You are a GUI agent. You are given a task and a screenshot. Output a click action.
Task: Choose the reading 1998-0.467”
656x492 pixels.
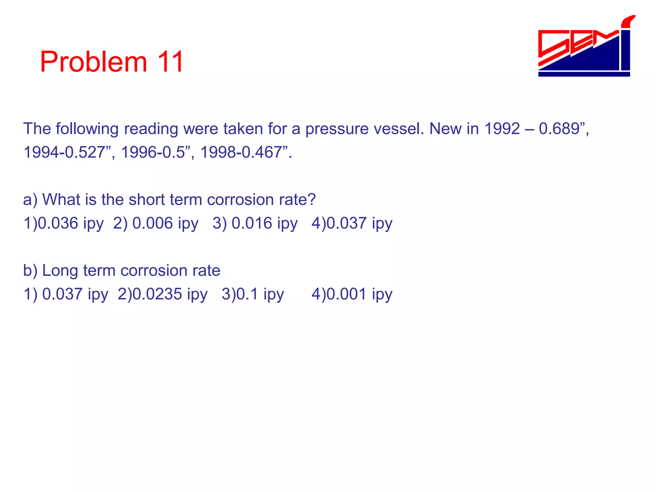245,152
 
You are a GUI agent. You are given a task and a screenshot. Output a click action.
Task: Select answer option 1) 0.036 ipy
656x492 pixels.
63,223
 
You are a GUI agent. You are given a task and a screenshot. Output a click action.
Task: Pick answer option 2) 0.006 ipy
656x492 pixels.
156,223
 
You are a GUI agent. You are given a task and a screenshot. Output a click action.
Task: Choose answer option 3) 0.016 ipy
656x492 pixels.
255,223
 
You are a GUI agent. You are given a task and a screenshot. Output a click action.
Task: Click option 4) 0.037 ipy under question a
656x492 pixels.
352,223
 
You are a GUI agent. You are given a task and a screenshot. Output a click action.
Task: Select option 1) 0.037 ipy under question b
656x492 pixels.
66,294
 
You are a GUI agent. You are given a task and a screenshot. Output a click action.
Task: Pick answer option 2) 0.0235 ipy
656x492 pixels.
162,294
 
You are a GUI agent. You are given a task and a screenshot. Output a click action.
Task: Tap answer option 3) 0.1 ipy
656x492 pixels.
253,294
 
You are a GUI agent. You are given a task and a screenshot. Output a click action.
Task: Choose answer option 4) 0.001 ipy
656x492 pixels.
352,294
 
